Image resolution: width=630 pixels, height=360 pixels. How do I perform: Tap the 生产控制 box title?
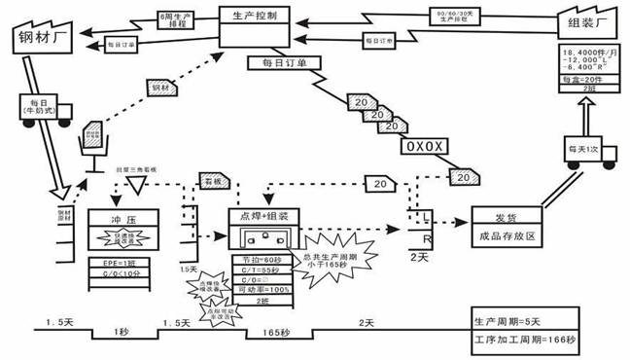point(256,17)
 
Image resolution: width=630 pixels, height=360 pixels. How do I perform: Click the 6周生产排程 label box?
point(175,18)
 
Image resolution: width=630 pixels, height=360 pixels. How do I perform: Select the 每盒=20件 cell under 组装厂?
point(589,79)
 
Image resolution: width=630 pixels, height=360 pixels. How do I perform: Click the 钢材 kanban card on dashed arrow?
point(160,88)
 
